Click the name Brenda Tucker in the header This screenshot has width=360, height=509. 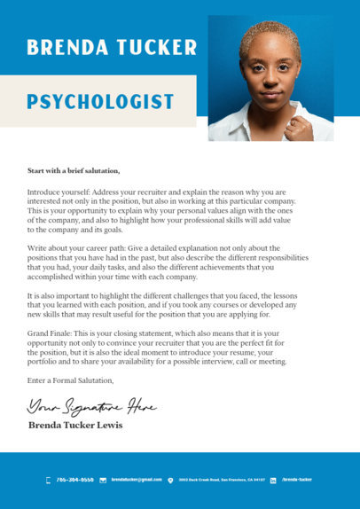tap(111, 47)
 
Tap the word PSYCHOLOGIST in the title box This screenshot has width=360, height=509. tap(99, 101)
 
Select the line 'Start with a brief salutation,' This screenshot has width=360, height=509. tap(73, 169)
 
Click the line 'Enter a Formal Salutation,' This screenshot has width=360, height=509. tap(70, 380)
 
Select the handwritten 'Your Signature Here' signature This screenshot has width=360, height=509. tap(91, 407)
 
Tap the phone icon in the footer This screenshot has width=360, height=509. tap(48, 480)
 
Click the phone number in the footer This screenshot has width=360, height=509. tap(74, 480)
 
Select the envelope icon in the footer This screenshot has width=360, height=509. tap(103, 480)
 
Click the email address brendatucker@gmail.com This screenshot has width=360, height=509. tap(137, 480)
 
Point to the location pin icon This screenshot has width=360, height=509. tap(170, 480)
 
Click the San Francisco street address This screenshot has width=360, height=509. tap(221, 480)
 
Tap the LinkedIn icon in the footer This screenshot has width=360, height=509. tap(273, 480)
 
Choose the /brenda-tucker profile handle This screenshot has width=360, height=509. tap(297, 480)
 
